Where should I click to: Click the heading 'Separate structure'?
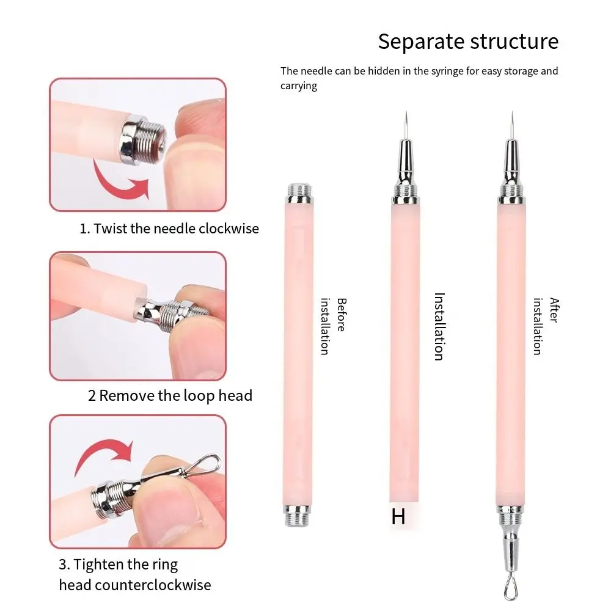[x=468, y=42]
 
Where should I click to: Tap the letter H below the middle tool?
[x=398, y=516]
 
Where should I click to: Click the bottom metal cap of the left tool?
[x=299, y=514]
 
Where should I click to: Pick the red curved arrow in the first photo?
[x=119, y=177]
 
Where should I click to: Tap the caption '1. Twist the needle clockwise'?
[x=169, y=229]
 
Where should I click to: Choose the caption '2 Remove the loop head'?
[x=170, y=395]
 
